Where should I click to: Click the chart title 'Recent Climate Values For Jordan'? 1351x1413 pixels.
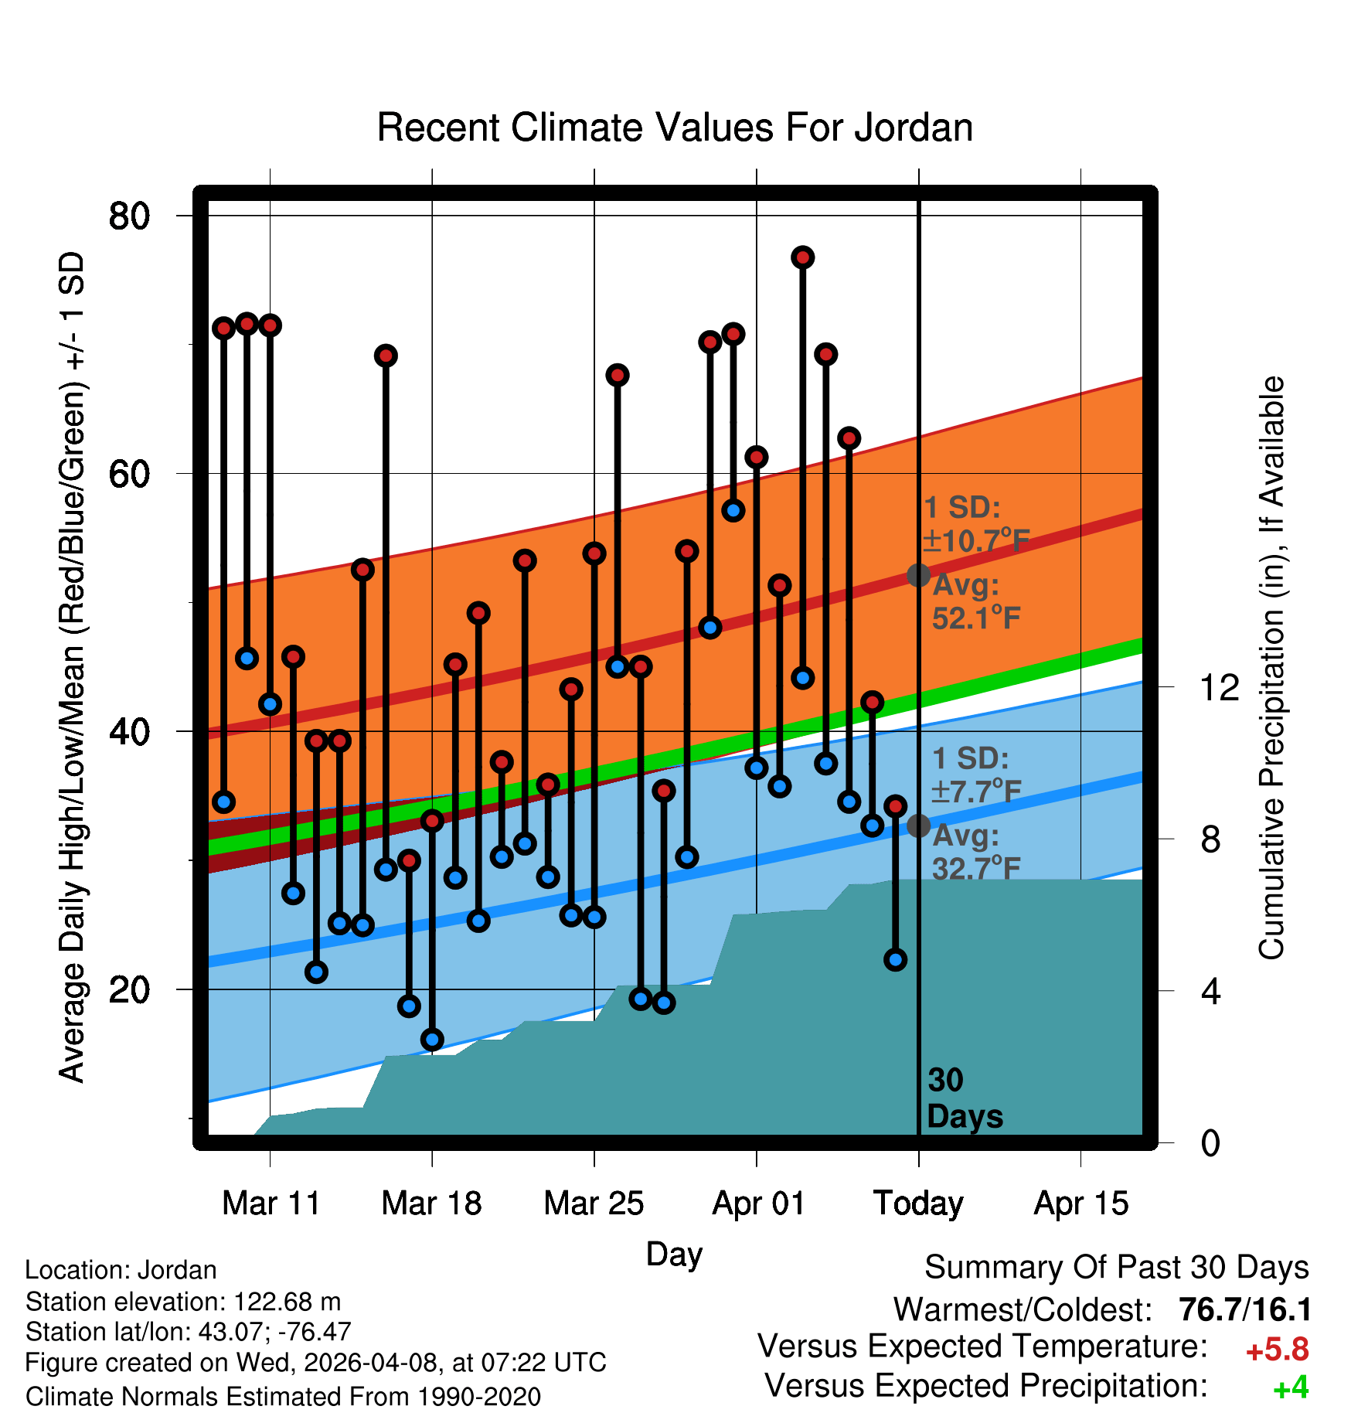point(675,128)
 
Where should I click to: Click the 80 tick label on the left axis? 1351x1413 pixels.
point(129,216)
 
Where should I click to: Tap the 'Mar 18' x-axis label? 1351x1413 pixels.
point(431,1203)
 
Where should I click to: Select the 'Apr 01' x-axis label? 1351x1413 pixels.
point(758,1203)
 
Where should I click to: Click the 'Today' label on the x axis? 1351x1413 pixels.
point(918,1204)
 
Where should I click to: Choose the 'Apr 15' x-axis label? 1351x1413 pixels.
point(1081,1203)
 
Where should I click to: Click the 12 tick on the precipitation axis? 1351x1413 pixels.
point(1219,687)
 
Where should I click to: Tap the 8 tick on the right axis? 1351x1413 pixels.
point(1211,839)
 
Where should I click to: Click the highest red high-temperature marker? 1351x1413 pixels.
point(802,257)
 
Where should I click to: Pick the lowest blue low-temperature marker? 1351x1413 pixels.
point(432,1040)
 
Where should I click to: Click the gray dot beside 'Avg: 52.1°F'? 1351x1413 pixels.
point(918,575)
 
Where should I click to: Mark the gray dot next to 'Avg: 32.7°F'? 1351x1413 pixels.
point(918,826)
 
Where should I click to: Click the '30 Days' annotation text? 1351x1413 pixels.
point(965,1098)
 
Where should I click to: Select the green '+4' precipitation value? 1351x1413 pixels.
point(1291,1387)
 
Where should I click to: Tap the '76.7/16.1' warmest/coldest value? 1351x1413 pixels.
point(1245,1309)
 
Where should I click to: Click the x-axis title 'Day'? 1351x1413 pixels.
point(674,1255)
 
